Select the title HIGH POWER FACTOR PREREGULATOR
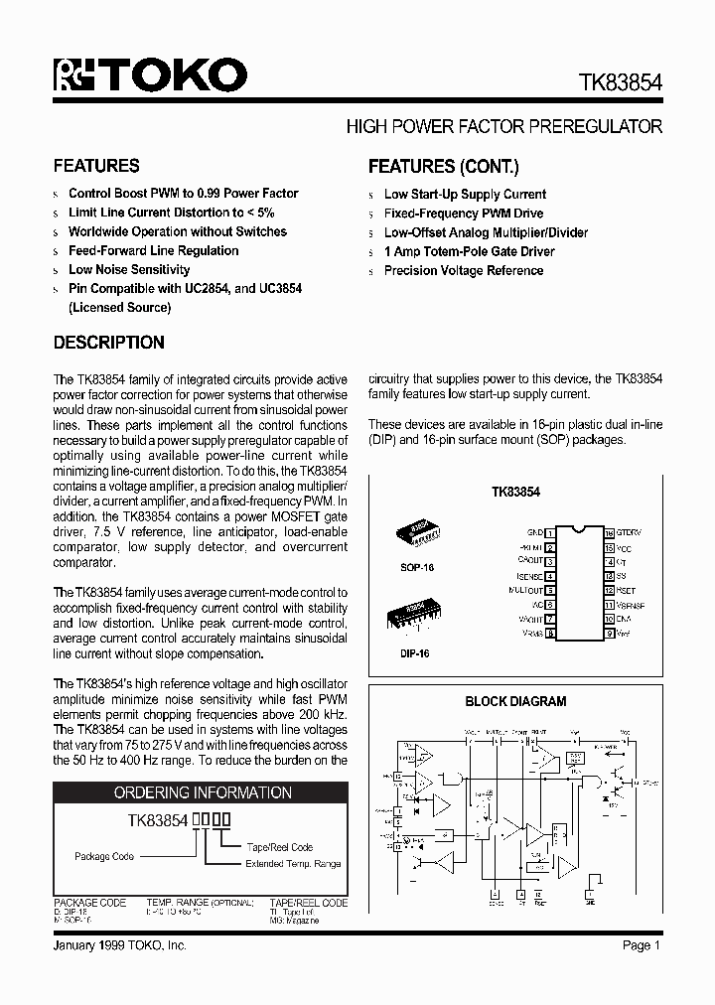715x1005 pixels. (503, 127)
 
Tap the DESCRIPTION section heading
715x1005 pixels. (108, 343)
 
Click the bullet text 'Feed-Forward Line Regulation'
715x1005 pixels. (153, 251)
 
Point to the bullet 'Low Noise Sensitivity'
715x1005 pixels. (129, 270)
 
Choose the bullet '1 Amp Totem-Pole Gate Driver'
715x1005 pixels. (469, 252)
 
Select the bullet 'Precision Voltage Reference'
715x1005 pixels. (464, 271)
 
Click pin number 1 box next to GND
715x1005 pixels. (549, 534)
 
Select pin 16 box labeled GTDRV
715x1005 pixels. (609, 534)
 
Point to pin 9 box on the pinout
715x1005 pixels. (609, 633)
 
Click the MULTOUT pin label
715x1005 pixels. (524, 591)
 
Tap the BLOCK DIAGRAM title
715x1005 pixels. (515, 701)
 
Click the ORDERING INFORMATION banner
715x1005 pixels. (203, 792)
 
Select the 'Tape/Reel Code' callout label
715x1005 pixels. (280, 847)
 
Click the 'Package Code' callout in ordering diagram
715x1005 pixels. (104, 856)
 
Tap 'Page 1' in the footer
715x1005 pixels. (642, 946)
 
